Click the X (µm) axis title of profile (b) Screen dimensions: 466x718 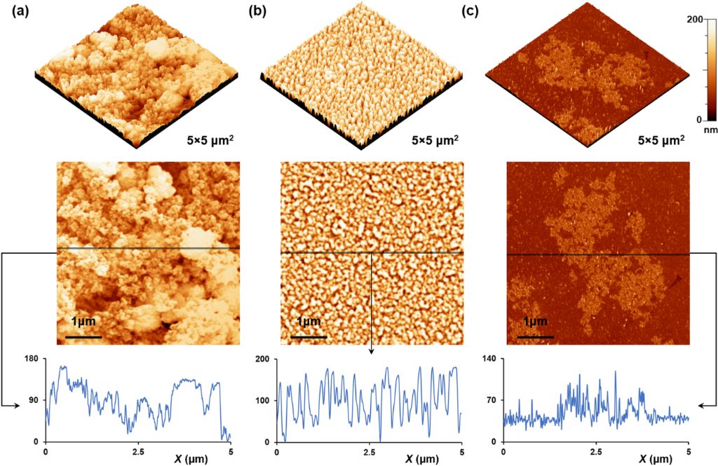(x=419, y=459)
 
